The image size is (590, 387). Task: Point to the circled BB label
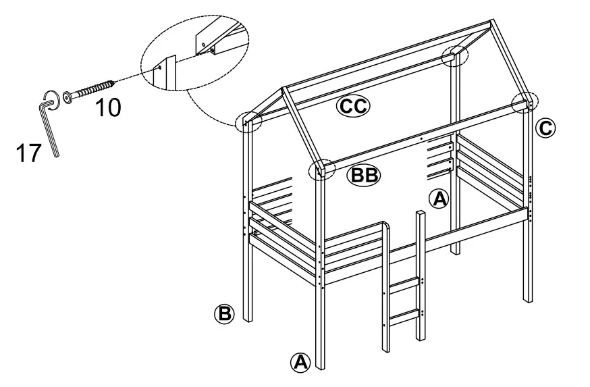[364, 176]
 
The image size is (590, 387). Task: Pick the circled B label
[224, 313]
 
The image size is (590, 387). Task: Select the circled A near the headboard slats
[439, 198]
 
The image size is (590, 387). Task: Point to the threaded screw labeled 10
[92, 90]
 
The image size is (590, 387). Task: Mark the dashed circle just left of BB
[321, 170]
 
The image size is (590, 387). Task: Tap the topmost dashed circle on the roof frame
[454, 56]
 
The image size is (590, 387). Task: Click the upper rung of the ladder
[404, 284]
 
